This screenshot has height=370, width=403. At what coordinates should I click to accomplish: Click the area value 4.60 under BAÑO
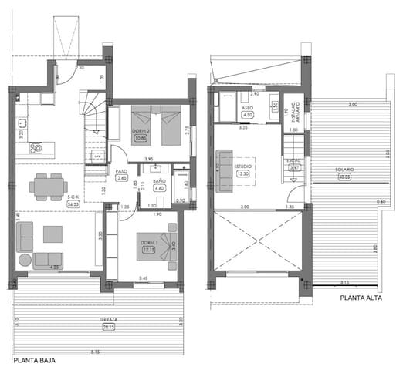[x=160, y=187]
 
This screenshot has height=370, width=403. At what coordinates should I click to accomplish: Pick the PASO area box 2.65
[x=121, y=178]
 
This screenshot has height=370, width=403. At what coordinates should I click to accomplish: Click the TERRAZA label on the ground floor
[x=108, y=319]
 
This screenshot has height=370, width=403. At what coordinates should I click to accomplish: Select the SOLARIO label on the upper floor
[x=344, y=169]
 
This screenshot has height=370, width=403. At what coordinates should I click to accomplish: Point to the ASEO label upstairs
[x=248, y=108]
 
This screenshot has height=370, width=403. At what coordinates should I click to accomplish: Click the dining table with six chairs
[x=47, y=185]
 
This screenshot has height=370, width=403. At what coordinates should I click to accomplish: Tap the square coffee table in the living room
[x=53, y=233]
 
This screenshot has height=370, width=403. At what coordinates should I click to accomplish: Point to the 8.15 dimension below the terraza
[x=94, y=352]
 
